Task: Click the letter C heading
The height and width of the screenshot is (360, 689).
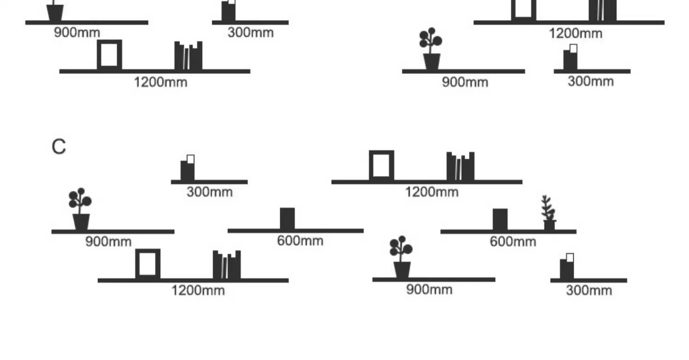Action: point(59,147)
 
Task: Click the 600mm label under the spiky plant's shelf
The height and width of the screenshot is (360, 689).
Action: point(513,242)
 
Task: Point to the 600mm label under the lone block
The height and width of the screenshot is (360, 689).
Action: point(300,241)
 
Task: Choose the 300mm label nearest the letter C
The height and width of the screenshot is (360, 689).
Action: point(209,192)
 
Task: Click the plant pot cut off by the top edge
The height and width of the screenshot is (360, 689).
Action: point(55,11)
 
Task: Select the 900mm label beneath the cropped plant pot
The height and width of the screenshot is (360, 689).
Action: point(77,33)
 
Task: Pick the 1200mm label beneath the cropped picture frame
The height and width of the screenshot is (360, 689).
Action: point(576,34)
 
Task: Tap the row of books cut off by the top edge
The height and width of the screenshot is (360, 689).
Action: point(603,10)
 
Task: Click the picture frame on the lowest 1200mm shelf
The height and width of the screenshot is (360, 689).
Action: point(148,264)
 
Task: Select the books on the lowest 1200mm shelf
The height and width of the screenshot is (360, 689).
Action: point(226,265)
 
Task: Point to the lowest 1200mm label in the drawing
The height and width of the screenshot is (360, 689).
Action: point(198,290)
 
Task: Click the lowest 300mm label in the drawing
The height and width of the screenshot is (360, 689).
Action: point(588,290)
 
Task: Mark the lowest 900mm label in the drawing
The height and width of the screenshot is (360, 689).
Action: point(429,290)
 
